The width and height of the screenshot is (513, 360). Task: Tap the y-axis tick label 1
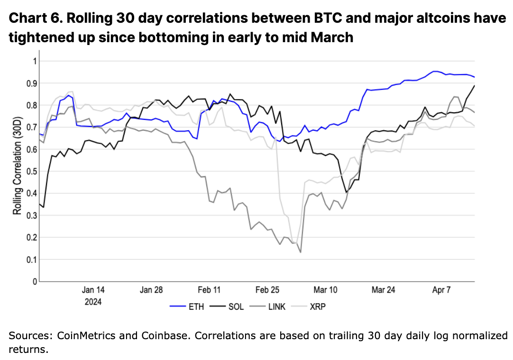tap(34, 61)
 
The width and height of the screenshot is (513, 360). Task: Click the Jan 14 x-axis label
tap(93, 290)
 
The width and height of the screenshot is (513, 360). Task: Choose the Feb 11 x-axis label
tap(209, 290)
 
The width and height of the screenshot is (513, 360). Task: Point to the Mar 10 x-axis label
tap(325, 290)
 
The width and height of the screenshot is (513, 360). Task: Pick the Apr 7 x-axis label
tap(441, 290)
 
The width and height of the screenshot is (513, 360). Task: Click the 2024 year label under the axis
tap(93, 301)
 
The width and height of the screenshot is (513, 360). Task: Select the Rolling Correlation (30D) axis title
tap(17, 171)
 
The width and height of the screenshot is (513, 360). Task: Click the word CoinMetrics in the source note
tap(83, 336)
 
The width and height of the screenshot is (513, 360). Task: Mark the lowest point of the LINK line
tap(301, 252)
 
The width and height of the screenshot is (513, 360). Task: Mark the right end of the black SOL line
tap(475, 85)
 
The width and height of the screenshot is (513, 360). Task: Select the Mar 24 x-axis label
tap(383, 290)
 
